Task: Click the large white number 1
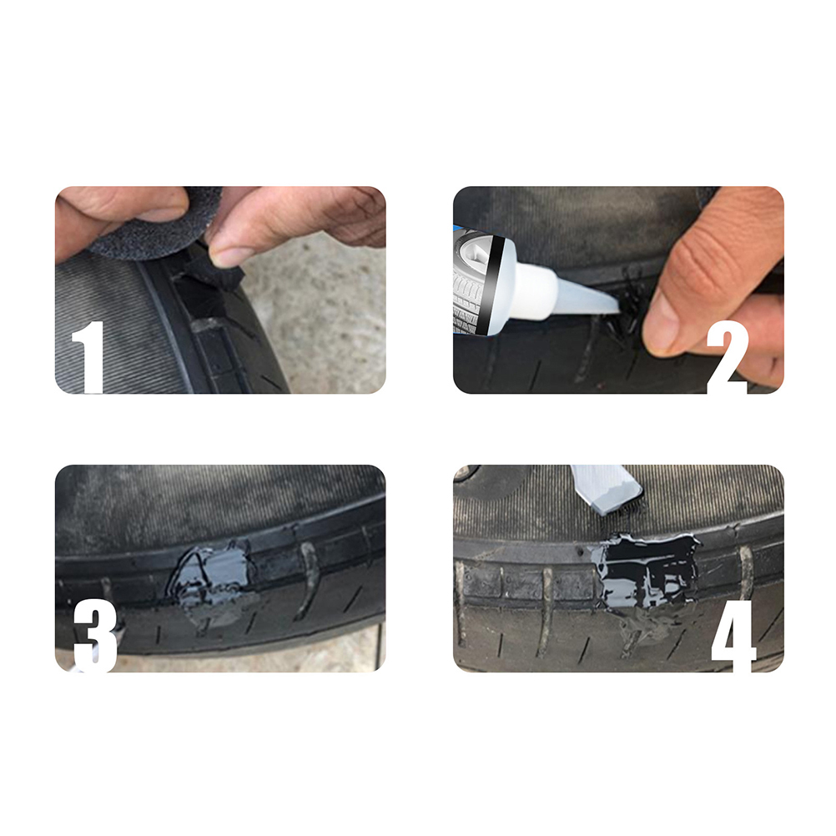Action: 88,357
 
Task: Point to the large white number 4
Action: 733,635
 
